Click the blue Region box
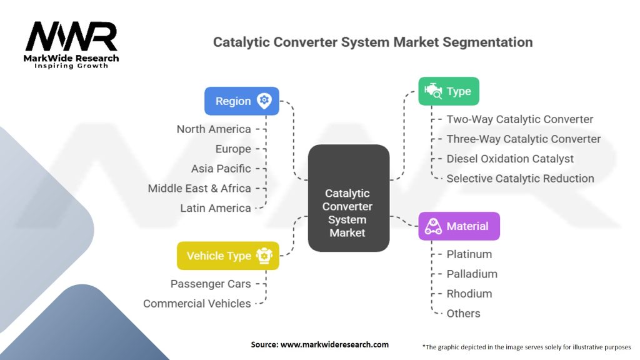click(241, 101)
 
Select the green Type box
click(448, 91)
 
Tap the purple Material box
click(459, 226)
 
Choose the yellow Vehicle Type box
click(228, 256)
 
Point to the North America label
click(214, 129)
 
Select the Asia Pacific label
click(221, 169)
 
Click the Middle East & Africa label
click(199, 188)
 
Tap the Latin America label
click(216, 208)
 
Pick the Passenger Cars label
click(211, 284)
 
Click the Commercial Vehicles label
click(197, 304)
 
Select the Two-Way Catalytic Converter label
click(519, 119)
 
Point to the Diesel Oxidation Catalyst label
click(510, 159)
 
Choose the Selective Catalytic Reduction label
click(520, 179)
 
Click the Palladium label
click(472, 274)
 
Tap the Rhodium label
click(469, 294)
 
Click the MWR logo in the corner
click(72, 44)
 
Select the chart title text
click(372, 42)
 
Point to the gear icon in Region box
click(264, 101)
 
